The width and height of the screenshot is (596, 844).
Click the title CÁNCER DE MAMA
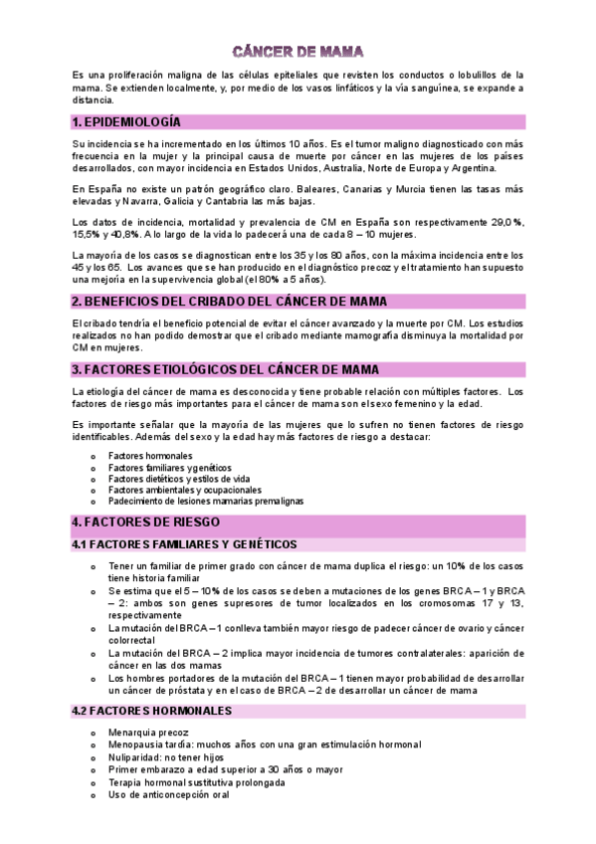298,50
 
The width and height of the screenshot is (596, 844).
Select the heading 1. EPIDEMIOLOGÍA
126,121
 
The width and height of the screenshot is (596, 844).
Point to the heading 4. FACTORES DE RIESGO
146,523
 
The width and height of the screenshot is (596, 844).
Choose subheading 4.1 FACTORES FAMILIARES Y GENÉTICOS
184,544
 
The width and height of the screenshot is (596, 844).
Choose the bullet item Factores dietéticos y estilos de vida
180,478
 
